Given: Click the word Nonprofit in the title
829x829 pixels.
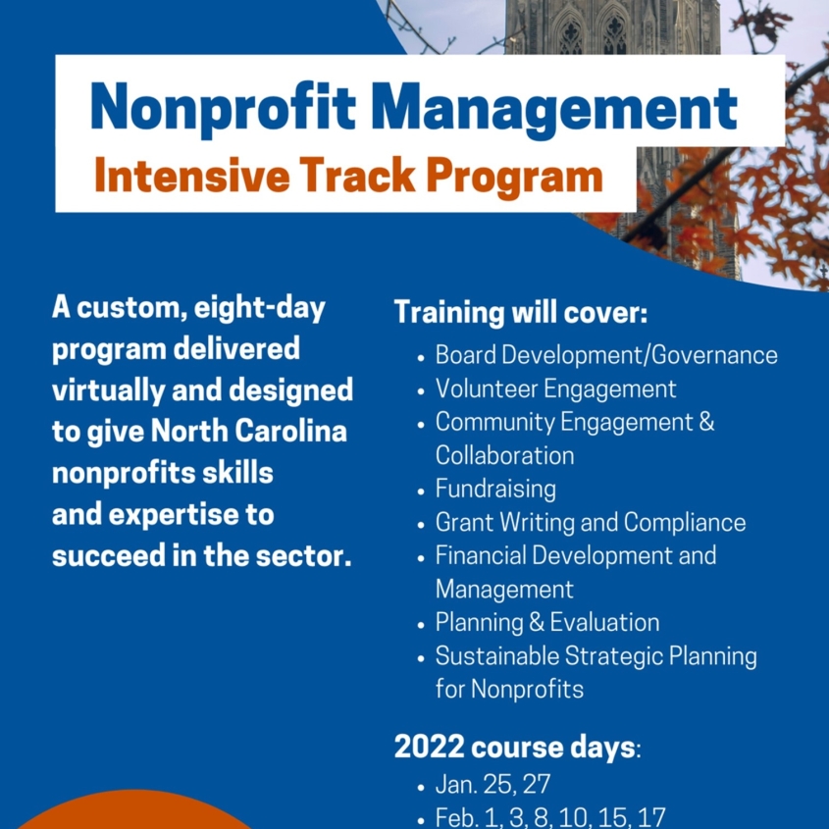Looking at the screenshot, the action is coord(223,108).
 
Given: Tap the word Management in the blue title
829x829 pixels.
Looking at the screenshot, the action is coord(554,110).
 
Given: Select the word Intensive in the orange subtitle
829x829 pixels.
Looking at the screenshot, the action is coord(192,175).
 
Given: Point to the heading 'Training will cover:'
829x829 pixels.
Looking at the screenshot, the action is coord(521,312).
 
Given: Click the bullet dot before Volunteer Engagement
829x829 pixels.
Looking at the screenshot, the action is coord(421,391).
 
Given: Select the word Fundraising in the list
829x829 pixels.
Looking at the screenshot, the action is coord(495,489).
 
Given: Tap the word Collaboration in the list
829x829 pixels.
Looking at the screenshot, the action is coord(504,456).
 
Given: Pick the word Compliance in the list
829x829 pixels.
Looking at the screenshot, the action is coord(685,523).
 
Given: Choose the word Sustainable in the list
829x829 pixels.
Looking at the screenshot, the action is coord(497,656).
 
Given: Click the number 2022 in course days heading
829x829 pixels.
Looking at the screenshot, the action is coord(429,747).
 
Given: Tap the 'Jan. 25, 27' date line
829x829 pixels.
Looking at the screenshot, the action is coord(492,784).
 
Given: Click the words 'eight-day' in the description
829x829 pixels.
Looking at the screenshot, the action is coord(260,309).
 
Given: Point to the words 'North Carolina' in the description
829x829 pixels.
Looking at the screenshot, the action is coord(248,431).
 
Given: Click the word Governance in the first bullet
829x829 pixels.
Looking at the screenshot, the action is coord(714,355).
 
